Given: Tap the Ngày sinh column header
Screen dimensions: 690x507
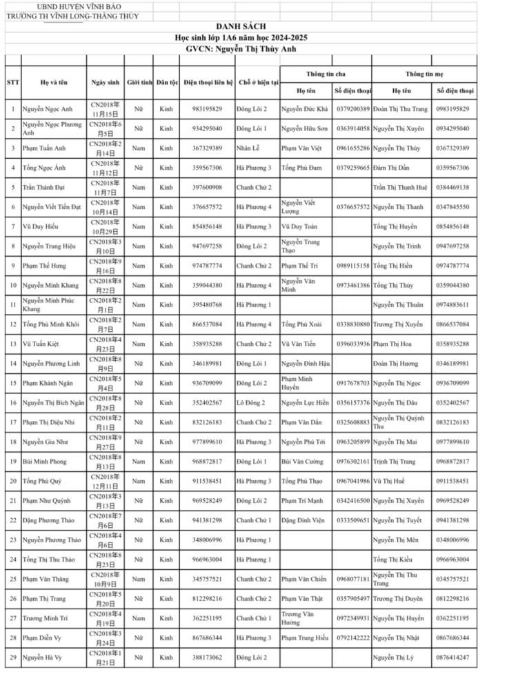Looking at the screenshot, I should pos(105,82).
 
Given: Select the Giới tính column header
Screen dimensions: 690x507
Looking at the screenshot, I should pos(139,82).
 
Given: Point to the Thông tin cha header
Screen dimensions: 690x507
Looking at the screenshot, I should pos(325,73).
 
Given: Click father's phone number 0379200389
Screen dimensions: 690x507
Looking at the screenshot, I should pos(353,109).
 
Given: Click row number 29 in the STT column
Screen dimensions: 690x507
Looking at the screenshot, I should pos(13,657).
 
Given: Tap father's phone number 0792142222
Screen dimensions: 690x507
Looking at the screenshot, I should pos(353,638).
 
